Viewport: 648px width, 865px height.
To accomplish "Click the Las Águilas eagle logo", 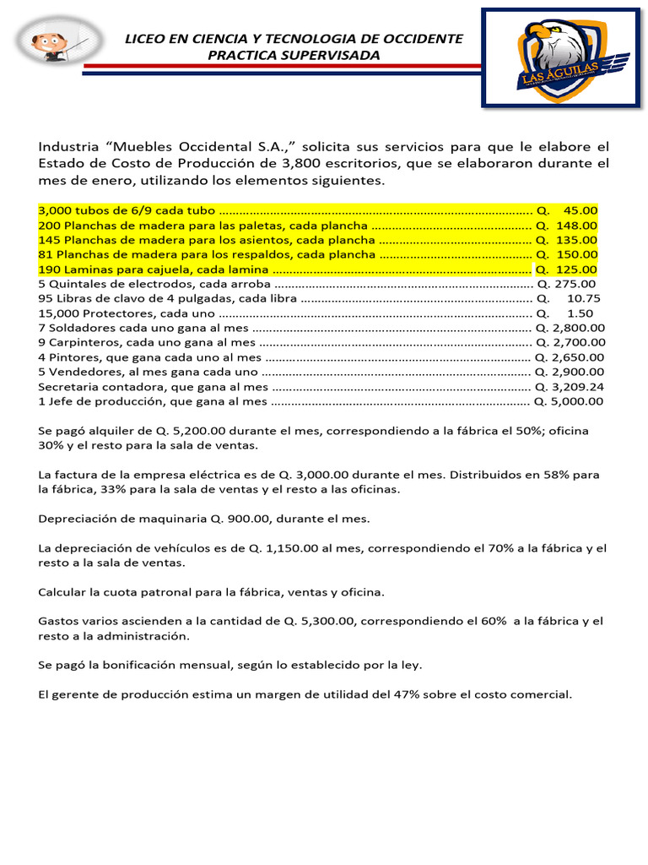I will tap(560, 57).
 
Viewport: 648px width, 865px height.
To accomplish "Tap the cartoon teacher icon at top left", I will tap(60, 42).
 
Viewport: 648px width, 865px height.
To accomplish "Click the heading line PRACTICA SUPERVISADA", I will tap(294, 56).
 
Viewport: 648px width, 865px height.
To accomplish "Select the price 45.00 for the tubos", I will tap(580, 210).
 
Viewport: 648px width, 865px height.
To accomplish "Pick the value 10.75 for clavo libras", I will tap(584, 298).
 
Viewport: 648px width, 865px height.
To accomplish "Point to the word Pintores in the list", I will tap(76, 357).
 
